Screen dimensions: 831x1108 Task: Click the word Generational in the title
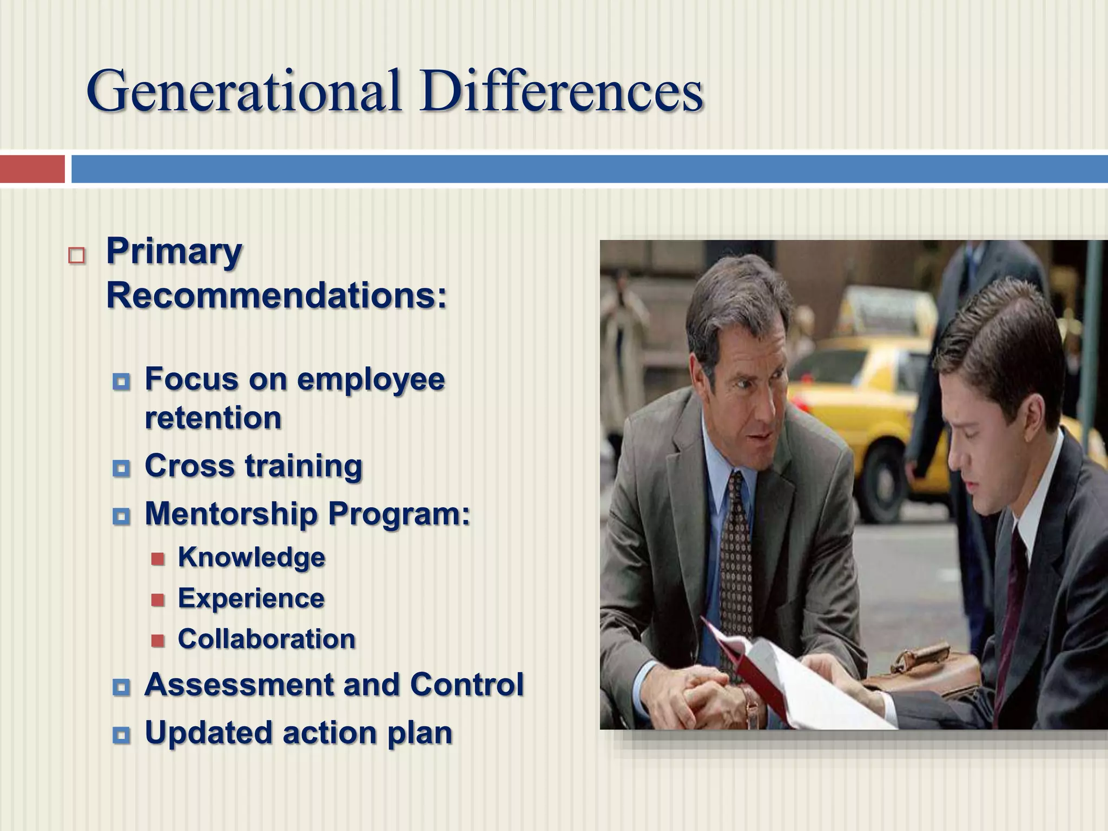[243, 90]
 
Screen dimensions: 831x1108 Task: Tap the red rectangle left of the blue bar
[32, 169]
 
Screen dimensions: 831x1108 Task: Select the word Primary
[174, 253]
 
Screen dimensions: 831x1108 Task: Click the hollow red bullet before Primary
[77, 255]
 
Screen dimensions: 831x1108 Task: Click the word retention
[213, 418]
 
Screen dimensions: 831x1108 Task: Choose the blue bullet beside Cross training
[122, 468]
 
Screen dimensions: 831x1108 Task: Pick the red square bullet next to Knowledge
[157, 558]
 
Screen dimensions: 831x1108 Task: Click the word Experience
[251, 598]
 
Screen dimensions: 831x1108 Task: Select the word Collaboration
[266, 639]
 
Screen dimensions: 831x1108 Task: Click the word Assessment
[239, 685]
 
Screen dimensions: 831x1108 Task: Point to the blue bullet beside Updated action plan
[122, 735]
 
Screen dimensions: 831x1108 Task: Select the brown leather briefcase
[931, 671]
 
